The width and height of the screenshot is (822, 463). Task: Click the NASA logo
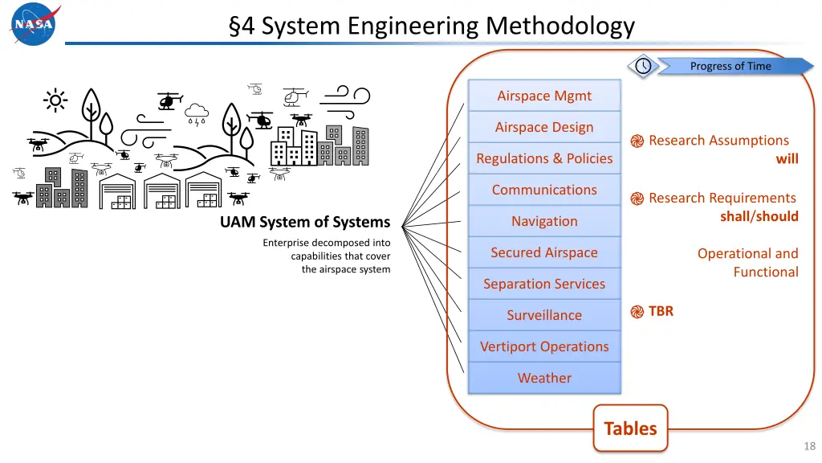(x=34, y=23)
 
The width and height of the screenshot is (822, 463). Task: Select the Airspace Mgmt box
(x=544, y=96)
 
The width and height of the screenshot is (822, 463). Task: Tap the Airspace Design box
(x=544, y=127)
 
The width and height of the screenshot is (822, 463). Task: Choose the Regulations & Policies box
(x=544, y=158)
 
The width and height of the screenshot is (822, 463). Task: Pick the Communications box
(x=544, y=190)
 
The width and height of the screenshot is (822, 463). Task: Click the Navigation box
(x=544, y=221)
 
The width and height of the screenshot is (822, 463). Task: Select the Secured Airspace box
(x=544, y=252)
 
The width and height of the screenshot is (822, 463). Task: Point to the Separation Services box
(x=544, y=284)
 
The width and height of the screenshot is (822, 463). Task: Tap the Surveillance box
(x=544, y=315)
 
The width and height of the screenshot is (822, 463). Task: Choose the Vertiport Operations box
(x=544, y=346)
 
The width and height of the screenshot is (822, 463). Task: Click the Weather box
(x=544, y=378)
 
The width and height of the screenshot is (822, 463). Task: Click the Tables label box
(x=630, y=428)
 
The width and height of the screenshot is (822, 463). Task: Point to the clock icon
(x=643, y=66)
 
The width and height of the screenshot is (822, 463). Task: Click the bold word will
(x=787, y=158)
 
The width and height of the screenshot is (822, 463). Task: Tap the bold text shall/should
(x=759, y=216)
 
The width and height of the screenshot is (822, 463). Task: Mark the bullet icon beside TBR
(x=637, y=312)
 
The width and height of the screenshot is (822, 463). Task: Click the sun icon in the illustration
(x=55, y=100)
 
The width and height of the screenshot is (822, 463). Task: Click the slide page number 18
(x=809, y=446)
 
